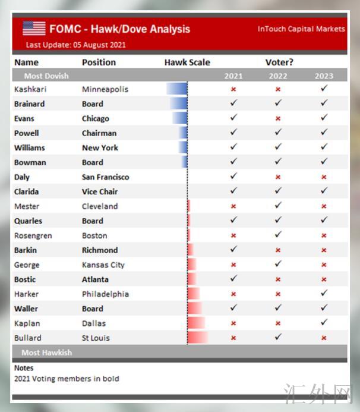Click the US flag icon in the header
pos(34,28)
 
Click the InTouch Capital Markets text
pos(301,29)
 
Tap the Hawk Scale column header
pos(187,62)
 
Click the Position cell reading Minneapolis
pos(105,89)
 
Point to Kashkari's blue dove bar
pos(177,89)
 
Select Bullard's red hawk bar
pos(198,338)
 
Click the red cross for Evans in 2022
pos(278,118)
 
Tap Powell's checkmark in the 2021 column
pos(233,133)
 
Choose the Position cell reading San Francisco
pos(105,177)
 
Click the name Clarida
pos(27,191)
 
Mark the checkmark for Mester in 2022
pos(278,206)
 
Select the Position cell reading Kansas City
pos(102,265)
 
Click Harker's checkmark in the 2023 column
pos(324,294)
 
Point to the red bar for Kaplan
pos(196,323)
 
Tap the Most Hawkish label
pos(46,353)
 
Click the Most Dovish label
pos(46,76)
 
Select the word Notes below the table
pos(24,368)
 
